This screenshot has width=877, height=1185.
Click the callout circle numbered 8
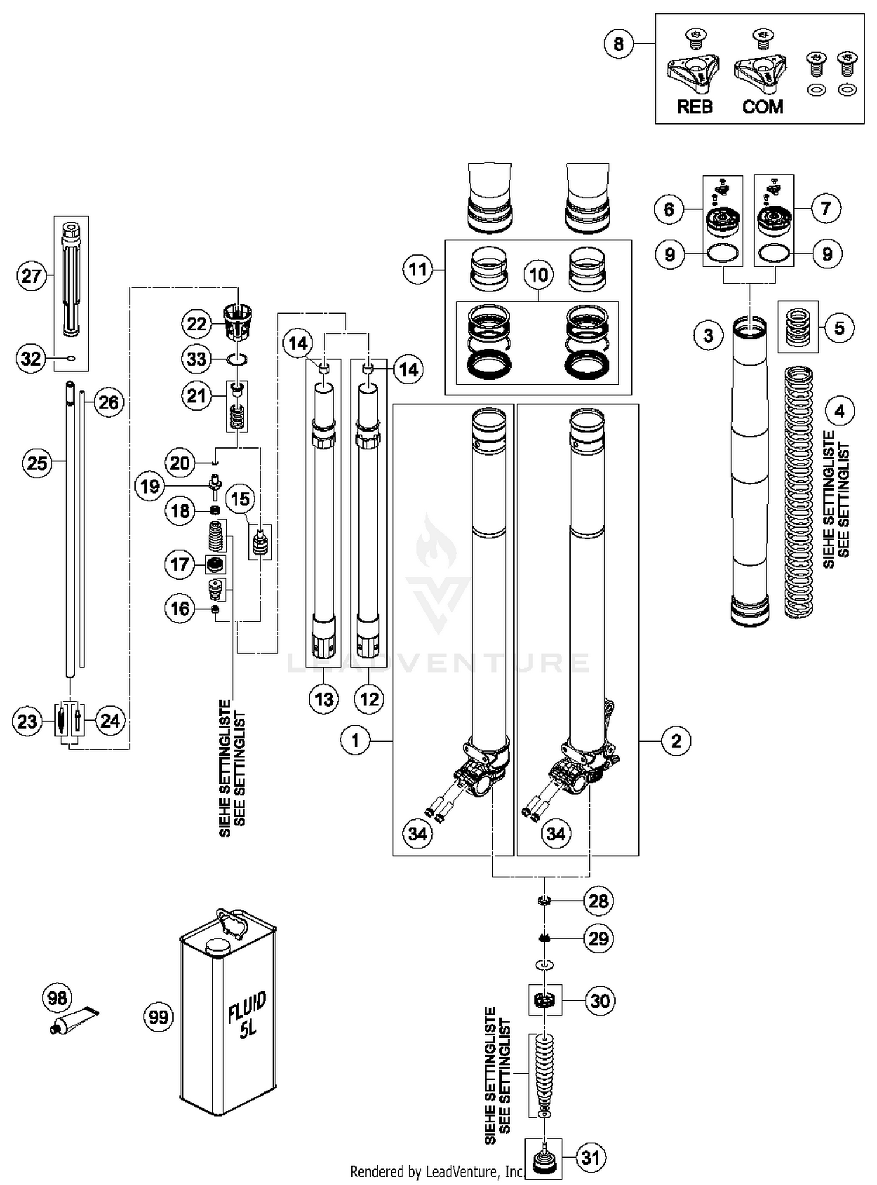click(619, 43)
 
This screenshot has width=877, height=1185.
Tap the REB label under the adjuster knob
click(695, 107)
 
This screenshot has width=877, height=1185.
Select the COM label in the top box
click(762, 107)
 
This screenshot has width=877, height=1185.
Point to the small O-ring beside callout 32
click(71, 359)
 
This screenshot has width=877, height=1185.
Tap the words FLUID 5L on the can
click(247, 1015)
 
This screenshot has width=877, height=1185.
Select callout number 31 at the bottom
click(591, 1157)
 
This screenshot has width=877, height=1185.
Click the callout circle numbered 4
click(840, 411)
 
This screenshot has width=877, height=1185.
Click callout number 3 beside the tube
click(709, 336)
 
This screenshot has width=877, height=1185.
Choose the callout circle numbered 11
click(418, 270)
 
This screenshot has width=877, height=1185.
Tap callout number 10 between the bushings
click(538, 274)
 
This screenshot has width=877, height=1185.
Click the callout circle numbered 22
click(196, 323)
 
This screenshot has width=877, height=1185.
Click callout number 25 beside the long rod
click(37, 463)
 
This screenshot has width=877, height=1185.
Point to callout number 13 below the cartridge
click(324, 699)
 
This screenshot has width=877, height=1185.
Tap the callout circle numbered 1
click(355, 740)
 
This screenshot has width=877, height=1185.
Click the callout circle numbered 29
click(599, 939)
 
